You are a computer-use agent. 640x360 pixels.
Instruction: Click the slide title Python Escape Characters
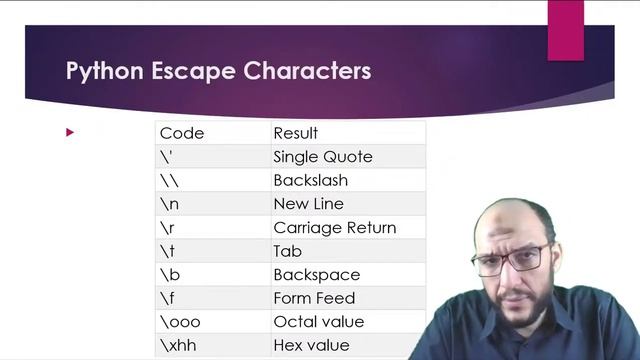[218, 72]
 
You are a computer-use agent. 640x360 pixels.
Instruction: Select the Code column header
[181, 133]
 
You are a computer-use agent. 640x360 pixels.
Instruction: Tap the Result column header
[295, 133]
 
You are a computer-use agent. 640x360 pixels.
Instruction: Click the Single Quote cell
[322, 157]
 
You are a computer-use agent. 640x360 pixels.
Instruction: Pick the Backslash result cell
[310, 181]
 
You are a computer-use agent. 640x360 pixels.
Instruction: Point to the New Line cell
[308, 204]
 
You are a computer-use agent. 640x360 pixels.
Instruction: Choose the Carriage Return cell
[334, 228]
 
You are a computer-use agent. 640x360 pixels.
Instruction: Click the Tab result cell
[287, 251]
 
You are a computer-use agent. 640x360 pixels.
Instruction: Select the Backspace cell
[316, 275]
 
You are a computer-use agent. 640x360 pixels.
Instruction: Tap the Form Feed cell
[314, 298]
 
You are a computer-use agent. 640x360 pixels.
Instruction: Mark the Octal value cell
[318, 322]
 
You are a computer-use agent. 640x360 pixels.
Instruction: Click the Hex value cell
[311, 345]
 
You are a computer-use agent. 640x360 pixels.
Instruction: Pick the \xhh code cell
[176, 345]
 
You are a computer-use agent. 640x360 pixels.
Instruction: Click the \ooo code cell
[178, 322]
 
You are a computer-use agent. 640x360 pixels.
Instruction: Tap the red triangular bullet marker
[70, 132]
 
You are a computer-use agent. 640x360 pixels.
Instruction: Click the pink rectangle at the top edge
[565, 28]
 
